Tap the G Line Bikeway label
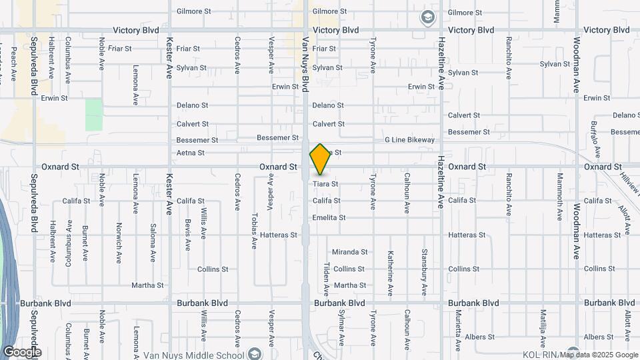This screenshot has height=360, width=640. (x=409, y=140)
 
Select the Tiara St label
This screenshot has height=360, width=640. (x=325, y=184)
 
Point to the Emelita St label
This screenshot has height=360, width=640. (x=329, y=218)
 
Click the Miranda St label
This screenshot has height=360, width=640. (x=350, y=252)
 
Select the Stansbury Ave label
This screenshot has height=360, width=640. (x=424, y=272)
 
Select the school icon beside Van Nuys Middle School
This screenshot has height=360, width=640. (x=255, y=353)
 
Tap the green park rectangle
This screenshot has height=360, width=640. (x=94, y=115)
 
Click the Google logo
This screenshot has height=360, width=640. (x=21, y=352)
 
